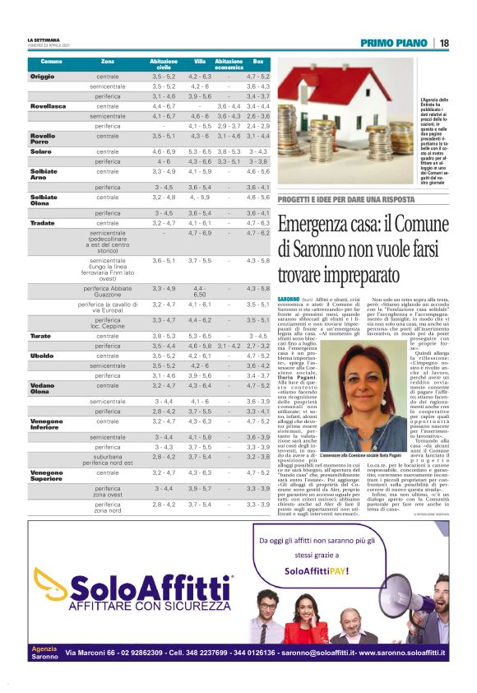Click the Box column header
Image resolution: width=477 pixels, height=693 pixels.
[x=258, y=62]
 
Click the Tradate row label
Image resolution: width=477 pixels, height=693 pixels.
[x=43, y=223]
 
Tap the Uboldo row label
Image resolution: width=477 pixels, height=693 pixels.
[x=42, y=356]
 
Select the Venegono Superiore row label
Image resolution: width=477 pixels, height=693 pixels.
[x=47, y=476]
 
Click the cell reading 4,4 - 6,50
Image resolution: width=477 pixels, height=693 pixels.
[x=199, y=291]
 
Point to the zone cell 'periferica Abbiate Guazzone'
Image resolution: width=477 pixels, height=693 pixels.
[x=108, y=291]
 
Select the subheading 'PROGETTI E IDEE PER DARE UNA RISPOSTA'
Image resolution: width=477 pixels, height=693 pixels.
[x=345, y=200]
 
